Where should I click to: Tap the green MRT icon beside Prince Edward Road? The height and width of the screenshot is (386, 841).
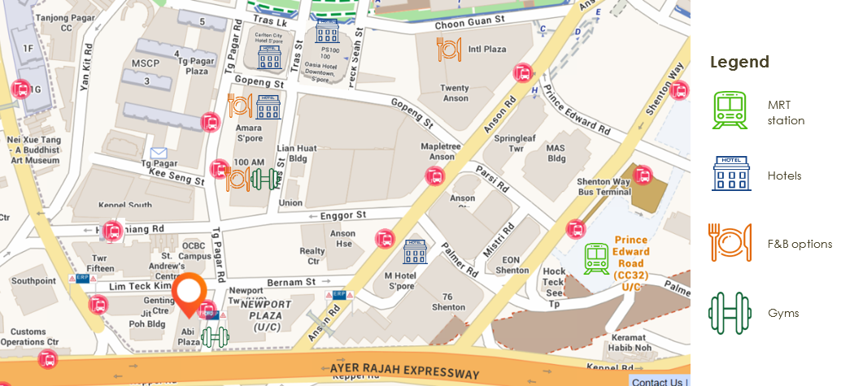point(597,258)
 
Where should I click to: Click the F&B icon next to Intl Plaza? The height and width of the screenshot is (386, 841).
point(449,49)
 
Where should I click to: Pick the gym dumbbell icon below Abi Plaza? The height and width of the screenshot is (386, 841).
point(216,336)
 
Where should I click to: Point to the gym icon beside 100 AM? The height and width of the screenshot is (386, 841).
point(265,179)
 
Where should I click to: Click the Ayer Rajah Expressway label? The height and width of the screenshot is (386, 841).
point(405,372)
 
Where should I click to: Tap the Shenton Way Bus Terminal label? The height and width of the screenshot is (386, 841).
point(604,188)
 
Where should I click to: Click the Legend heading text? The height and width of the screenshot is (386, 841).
point(739,63)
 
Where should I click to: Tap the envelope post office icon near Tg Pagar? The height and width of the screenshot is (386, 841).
point(158,152)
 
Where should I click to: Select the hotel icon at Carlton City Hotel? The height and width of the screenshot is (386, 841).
point(268,58)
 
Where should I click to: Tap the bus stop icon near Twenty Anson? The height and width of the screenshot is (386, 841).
point(523,73)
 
